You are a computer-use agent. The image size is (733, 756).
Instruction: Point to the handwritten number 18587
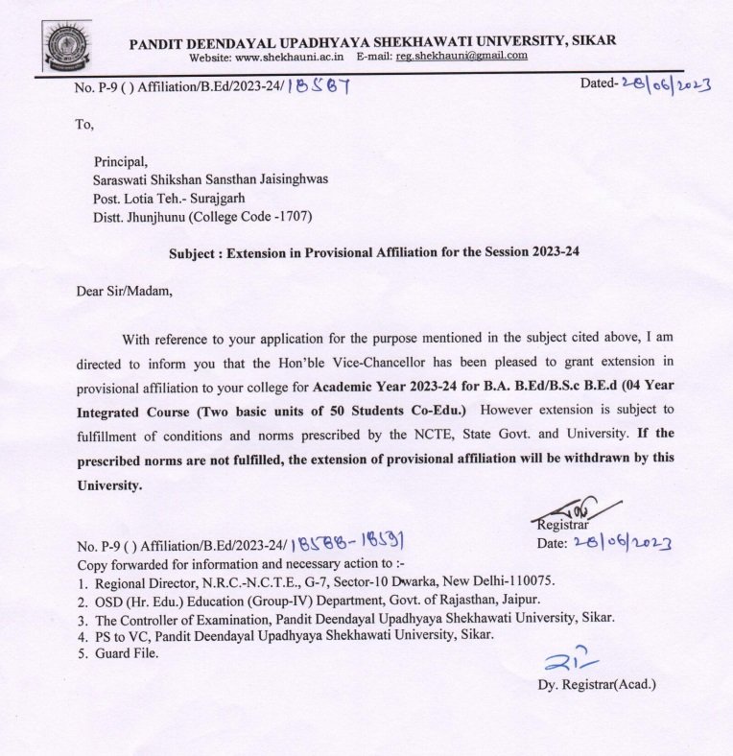point(321,87)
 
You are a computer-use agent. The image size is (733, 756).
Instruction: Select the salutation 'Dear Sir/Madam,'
point(125,293)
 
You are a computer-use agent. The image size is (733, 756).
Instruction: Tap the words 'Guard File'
point(126,654)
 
